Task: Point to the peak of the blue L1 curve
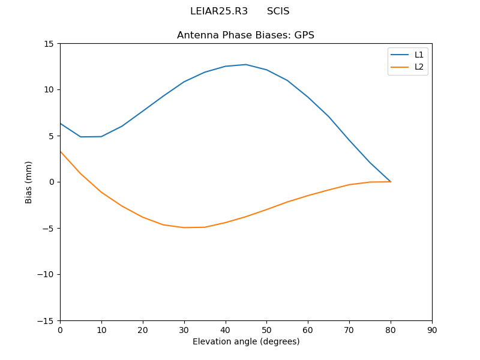coord(245,64)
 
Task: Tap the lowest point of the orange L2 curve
coord(184,227)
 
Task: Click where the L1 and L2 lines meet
coord(391,181)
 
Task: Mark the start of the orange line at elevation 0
coord(61,151)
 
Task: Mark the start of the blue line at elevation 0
coord(61,124)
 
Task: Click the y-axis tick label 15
coord(48,44)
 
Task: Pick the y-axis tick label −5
coord(47,228)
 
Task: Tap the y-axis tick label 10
coord(48,90)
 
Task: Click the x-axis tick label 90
coord(432,330)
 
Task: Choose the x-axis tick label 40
coord(226,330)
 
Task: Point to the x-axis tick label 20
coord(143,330)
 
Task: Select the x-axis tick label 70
coord(349,330)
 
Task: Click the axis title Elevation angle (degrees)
coord(246,341)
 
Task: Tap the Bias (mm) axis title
coord(29,182)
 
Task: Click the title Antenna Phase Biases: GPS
coord(245,35)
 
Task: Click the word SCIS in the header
coord(278,11)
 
